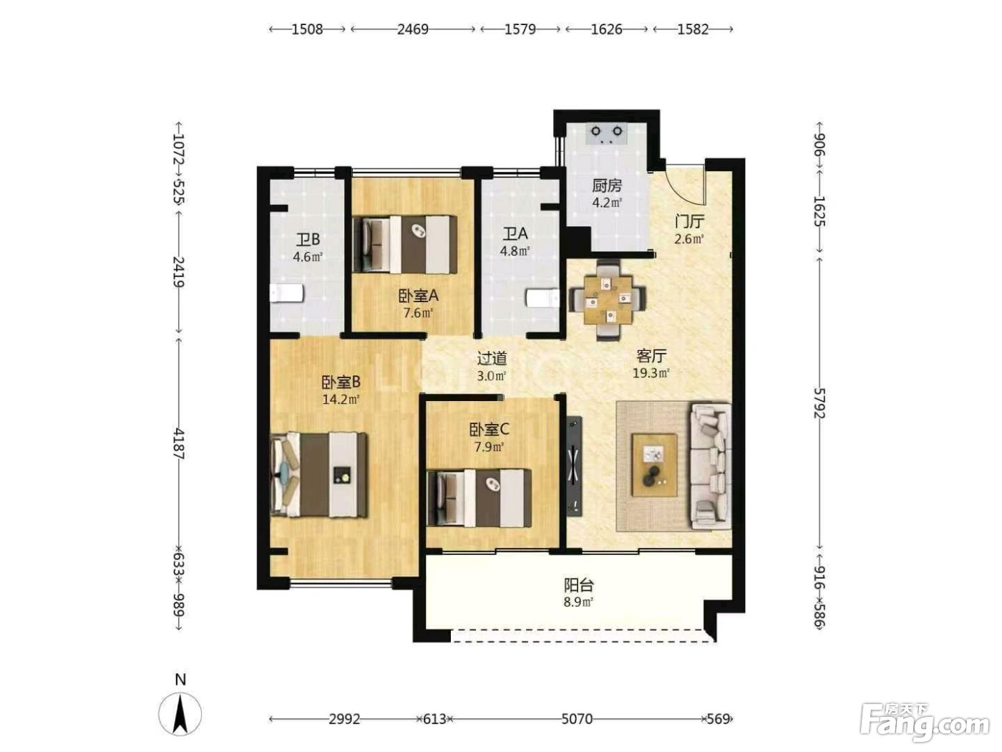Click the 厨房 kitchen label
coord(607,185)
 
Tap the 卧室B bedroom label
coord(341,381)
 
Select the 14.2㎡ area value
coord(341,400)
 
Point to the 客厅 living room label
coord(651,355)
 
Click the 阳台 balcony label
coord(578,584)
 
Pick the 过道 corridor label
coord(492,358)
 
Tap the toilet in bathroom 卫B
coord(286,293)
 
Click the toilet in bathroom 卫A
coord(543,299)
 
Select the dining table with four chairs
coord(607,299)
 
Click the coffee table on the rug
coord(653,465)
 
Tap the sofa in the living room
coord(710,466)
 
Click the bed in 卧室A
coord(405,245)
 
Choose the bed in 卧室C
coord(480,498)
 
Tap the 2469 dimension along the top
coord(413,29)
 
